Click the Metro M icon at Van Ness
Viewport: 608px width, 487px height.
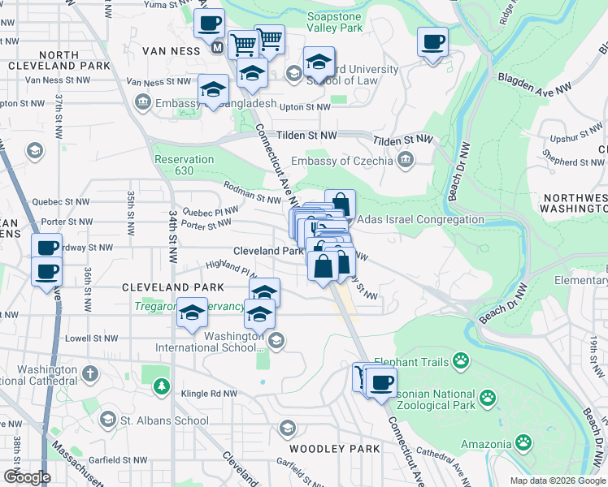[x=217, y=48]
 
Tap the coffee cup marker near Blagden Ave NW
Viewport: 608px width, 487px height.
[x=432, y=41]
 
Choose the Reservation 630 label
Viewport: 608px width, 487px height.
[x=185, y=165]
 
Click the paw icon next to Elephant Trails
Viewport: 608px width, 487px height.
[x=462, y=359]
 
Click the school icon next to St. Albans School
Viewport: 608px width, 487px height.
[x=107, y=420]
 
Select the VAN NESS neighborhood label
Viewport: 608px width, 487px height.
[x=171, y=50]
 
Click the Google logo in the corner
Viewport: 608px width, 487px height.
[x=26, y=477]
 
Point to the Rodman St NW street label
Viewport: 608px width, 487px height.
[x=252, y=192]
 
